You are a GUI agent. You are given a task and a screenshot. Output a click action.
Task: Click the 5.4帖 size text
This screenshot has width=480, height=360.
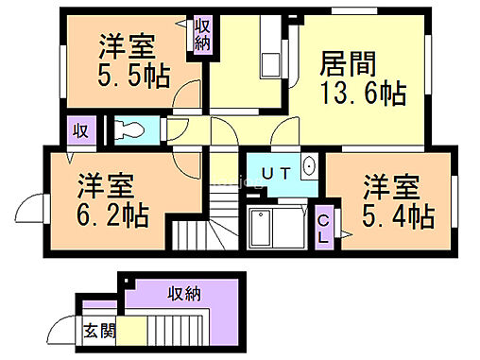[398, 215]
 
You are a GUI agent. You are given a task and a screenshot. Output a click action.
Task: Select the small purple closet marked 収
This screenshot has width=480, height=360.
[80, 130]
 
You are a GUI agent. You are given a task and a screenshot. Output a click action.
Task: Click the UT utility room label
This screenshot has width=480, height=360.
[275, 172]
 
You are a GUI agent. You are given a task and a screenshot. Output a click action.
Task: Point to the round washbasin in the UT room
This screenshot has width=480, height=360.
[309, 166]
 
